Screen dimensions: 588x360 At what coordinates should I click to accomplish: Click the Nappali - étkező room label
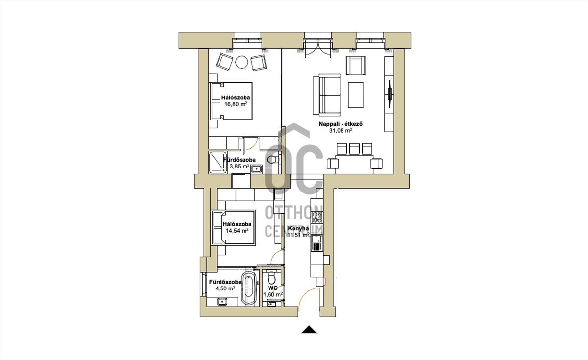pyautogui.click(x=341, y=124)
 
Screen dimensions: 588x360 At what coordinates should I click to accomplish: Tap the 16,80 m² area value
pyautogui.click(x=236, y=104)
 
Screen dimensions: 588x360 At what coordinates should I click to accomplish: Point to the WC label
pyautogui.click(x=273, y=288)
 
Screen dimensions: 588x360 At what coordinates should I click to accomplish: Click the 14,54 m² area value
pyautogui.click(x=237, y=231)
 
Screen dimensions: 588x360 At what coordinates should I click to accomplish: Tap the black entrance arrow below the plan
pyautogui.click(x=309, y=329)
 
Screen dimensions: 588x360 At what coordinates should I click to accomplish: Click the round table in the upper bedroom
pyautogui.click(x=242, y=62)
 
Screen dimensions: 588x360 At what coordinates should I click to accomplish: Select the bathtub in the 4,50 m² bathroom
pyautogui.click(x=248, y=289)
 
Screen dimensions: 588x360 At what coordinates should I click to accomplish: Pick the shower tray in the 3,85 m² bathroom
pyautogui.click(x=218, y=162)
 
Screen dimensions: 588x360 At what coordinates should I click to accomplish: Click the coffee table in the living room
pyautogui.click(x=356, y=95)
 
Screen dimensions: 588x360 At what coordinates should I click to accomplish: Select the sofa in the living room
pyautogui.click(x=326, y=95)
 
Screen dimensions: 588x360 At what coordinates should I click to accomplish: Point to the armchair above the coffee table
pyautogui.click(x=356, y=65)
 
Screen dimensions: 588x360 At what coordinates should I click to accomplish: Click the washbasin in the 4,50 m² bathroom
pyautogui.click(x=222, y=302)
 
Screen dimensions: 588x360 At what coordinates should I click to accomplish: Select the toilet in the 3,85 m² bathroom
pyautogui.click(x=272, y=159)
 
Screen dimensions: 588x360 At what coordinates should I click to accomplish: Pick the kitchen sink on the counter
pyautogui.click(x=317, y=243)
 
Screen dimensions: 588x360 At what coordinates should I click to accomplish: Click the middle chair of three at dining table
pyautogui.click(x=354, y=148)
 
